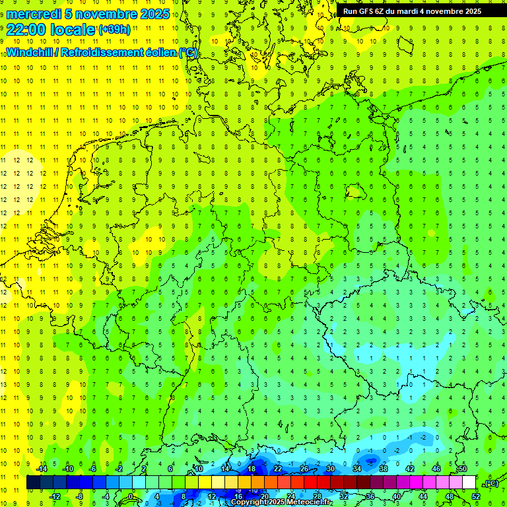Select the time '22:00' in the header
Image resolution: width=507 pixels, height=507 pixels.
[x=26, y=29]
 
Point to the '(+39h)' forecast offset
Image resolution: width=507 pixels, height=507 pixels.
[x=114, y=29]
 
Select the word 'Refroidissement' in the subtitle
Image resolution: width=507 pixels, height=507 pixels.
[x=105, y=52]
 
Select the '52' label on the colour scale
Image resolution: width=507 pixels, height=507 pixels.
[x=476, y=496]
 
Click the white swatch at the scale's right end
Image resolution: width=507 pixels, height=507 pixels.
[x=469, y=483]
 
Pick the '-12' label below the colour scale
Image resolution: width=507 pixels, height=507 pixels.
[x=55, y=496]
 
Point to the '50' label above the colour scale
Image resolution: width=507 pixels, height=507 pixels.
[x=463, y=469]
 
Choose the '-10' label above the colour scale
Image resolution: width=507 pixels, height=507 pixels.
[x=67, y=469]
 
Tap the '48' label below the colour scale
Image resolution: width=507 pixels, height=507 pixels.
[x=450, y=496]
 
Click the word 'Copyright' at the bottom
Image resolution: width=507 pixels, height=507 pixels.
[x=248, y=502]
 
